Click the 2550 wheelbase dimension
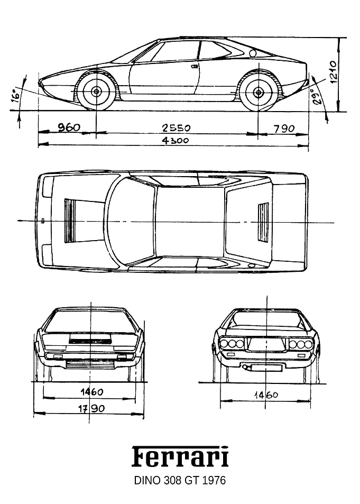[176, 129]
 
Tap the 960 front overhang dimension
[69, 127]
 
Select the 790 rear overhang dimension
[284, 129]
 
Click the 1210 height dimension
[333, 72]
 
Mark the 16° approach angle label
[15, 96]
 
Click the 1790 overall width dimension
[91, 408]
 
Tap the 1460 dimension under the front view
[92, 392]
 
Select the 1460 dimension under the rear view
[266, 395]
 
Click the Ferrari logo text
[180, 456]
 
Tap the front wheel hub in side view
[96, 92]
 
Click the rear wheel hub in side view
[258, 93]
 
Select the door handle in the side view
[195, 67]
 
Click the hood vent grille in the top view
[69, 221]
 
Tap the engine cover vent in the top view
[263, 222]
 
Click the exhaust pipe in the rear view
[245, 367]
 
